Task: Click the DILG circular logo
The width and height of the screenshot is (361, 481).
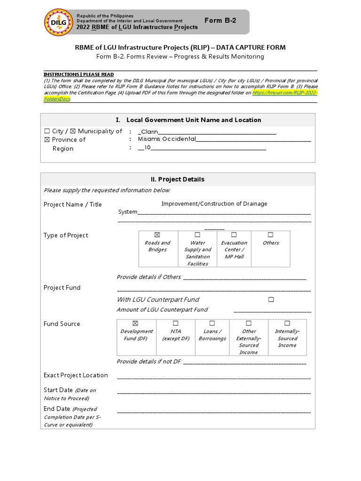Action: click(x=58, y=23)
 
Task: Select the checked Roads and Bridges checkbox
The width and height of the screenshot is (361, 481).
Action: click(x=157, y=234)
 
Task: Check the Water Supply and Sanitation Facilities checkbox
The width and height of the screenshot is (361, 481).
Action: click(x=197, y=234)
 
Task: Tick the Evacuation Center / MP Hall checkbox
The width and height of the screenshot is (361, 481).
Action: click(x=234, y=234)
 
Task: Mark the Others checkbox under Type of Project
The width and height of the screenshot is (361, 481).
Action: click(x=270, y=234)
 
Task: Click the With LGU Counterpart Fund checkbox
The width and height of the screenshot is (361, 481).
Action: click(x=271, y=299)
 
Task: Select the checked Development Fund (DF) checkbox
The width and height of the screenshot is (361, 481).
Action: click(x=136, y=323)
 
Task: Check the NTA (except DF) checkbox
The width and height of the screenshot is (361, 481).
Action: click(x=175, y=323)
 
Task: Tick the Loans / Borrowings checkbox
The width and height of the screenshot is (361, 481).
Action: click(x=212, y=323)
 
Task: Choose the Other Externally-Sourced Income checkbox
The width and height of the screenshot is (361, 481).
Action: click(x=249, y=323)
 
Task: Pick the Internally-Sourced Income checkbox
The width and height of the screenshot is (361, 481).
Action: click(x=287, y=323)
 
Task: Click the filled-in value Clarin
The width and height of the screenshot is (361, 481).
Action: click(x=149, y=132)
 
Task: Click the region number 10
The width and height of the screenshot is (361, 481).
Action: click(x=147, y=147)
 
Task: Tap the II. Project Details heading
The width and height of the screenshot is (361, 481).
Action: click(x=177, y=179)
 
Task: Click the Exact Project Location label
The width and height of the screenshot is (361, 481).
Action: click(x=76, y=375)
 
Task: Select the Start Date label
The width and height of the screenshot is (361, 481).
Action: click(x=58, y=390)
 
